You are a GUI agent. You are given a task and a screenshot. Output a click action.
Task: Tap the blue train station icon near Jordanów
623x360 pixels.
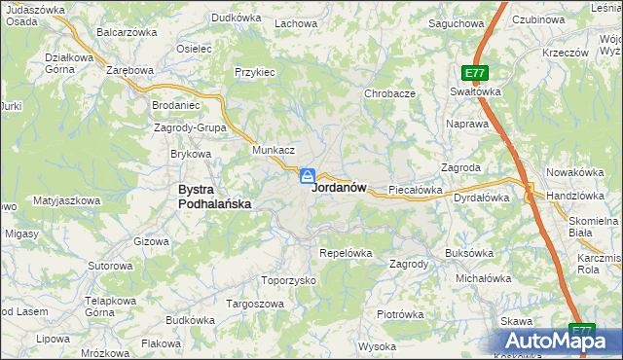click(x=307, y=176)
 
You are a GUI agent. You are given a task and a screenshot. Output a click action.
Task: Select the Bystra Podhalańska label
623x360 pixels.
click(x=215, y=197)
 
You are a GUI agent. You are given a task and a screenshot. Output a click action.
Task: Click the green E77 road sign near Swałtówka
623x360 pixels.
click(x=475, y=73)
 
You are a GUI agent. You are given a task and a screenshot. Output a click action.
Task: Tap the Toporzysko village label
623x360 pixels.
click(x=289, y=280)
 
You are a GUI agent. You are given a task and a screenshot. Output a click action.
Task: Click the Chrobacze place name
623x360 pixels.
click(x=390, y=93)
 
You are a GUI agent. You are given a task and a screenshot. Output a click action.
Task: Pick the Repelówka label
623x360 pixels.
click(x=347, y=253)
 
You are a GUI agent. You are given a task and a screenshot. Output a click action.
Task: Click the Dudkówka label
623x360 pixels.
click(x=238, y=18)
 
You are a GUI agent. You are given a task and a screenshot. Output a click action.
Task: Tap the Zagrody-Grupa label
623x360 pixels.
click(x=190, y=127)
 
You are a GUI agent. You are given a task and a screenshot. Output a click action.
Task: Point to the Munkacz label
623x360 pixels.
click(x=274, y=151)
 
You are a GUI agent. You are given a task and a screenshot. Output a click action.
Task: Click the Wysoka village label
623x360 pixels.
click(x=377, y=346)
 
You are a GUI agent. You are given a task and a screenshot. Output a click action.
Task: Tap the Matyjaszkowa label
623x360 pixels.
click(x=67, y=200)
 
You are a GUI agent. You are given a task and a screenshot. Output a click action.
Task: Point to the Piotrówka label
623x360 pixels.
click(x=400, y=314)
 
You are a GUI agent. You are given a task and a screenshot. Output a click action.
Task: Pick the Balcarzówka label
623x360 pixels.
click(x=127, y=32)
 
